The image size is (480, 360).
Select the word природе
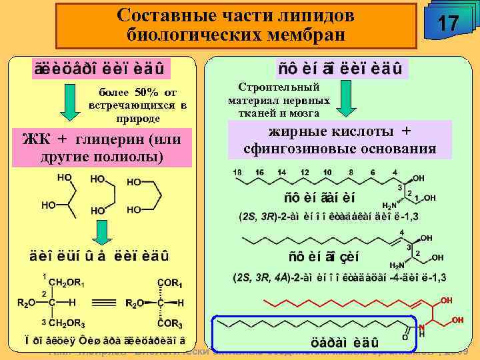pos(137,118)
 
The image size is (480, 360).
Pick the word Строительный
pos(279,87)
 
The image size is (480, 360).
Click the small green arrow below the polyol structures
pos(101,233)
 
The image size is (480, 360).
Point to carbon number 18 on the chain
pos(237,173)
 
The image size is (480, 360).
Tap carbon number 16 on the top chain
pos(260,173)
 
